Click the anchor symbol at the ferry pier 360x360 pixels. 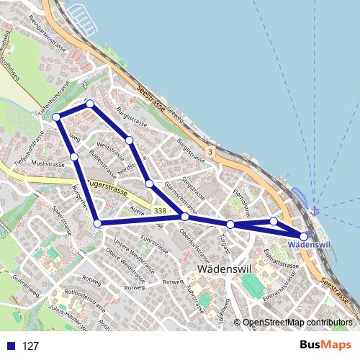314,211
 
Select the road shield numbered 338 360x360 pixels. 160,210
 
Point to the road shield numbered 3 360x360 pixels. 209,152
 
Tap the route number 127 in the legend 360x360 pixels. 31,346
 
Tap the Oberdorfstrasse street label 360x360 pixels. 195,245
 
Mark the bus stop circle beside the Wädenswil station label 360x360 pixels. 303,235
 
